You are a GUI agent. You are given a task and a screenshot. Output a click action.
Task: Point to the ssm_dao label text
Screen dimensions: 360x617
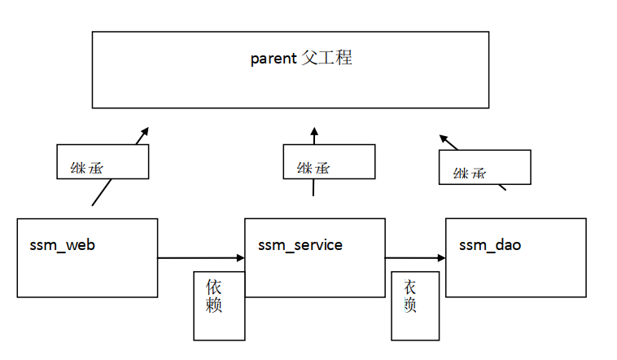click(x=490, y=244)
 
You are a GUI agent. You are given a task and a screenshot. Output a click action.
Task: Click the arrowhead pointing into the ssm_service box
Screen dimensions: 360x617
click(x=241, y=258)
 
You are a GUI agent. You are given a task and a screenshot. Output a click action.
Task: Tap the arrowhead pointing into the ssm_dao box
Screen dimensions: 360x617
click(x=442, y=258)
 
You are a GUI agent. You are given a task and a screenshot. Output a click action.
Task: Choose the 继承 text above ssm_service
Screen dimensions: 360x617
click(x=313, y=169)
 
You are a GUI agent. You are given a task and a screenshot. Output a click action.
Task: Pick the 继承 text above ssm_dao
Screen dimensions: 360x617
click(x=470, y=173)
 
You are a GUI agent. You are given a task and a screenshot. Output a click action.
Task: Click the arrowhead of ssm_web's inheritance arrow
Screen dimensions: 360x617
click(x=145, y=130)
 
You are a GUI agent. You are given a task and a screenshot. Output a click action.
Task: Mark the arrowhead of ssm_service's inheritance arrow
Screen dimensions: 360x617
click(x=313, y=131)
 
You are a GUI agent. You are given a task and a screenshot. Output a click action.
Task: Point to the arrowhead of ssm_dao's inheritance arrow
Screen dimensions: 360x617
click(x=443, y=138)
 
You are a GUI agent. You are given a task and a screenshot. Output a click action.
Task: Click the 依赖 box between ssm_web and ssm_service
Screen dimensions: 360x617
click(x=219, y=305)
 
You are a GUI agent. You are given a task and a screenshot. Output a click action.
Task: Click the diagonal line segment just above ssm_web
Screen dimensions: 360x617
click(x=101, y=193)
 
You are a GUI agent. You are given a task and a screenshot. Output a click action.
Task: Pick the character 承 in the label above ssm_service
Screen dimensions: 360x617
click(x=322, y=169)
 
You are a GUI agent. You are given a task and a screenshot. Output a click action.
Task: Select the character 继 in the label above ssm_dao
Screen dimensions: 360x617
click(x=462, y=173)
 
